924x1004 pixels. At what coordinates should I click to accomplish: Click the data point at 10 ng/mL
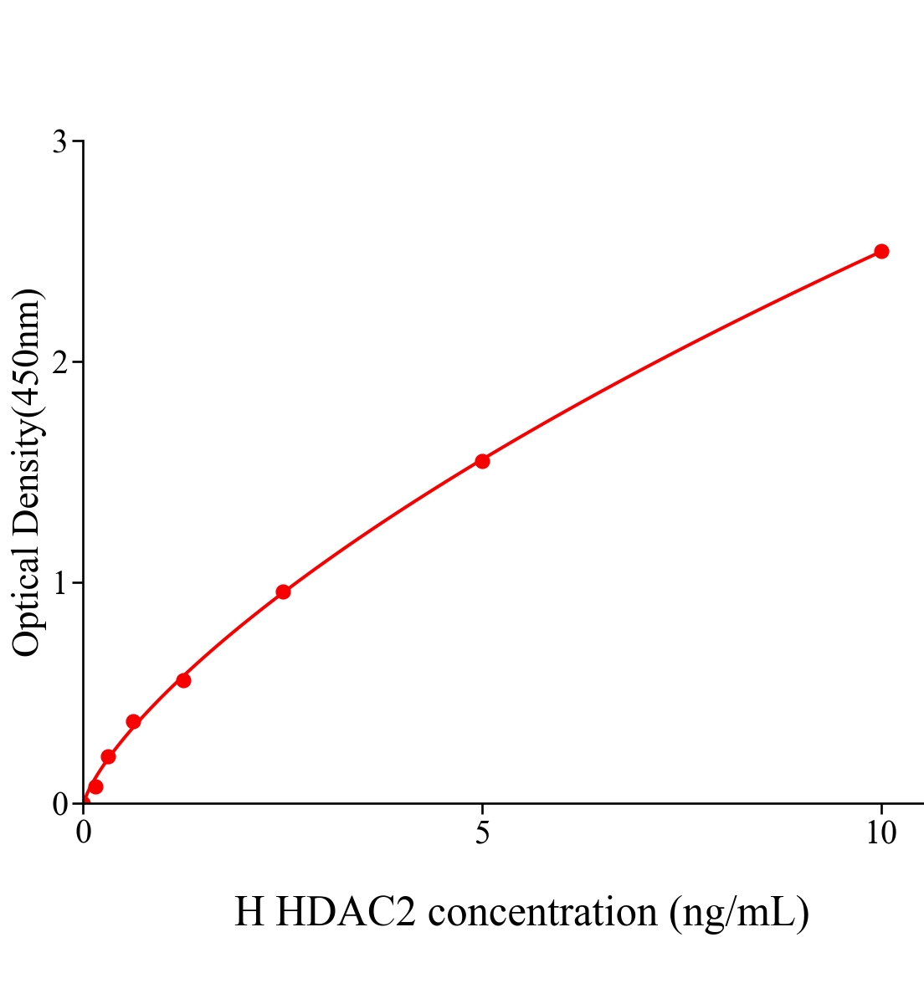tap(880, 251)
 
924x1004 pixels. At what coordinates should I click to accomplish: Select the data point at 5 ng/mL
tap(482, 461)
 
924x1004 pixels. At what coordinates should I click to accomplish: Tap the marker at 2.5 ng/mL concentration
tap(283, 592)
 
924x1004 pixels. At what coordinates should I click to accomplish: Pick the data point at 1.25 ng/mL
tap(183, 680)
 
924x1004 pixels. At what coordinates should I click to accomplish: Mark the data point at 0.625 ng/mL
tap(133, 722)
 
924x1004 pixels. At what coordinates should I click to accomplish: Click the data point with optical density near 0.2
tap(108, 757)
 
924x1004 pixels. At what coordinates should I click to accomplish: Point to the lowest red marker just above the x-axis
tap(95, 786)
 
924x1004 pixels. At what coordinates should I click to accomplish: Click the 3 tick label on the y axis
tap(60, 142)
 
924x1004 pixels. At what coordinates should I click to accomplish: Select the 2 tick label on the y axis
tap(60, 363)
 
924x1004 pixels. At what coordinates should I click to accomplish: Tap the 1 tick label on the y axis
tap(60, 583)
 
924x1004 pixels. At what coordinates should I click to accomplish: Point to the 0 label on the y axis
tap(60, 804)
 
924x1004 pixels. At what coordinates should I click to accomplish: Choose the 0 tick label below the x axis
tap(84, 833)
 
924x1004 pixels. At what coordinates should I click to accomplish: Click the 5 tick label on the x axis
tap(482, 833)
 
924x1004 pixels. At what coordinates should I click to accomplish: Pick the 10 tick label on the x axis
tap(880, 833)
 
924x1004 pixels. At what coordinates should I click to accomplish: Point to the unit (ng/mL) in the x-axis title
tap(739, 912)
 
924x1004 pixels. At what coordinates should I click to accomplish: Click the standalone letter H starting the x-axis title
tap(249, 912)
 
